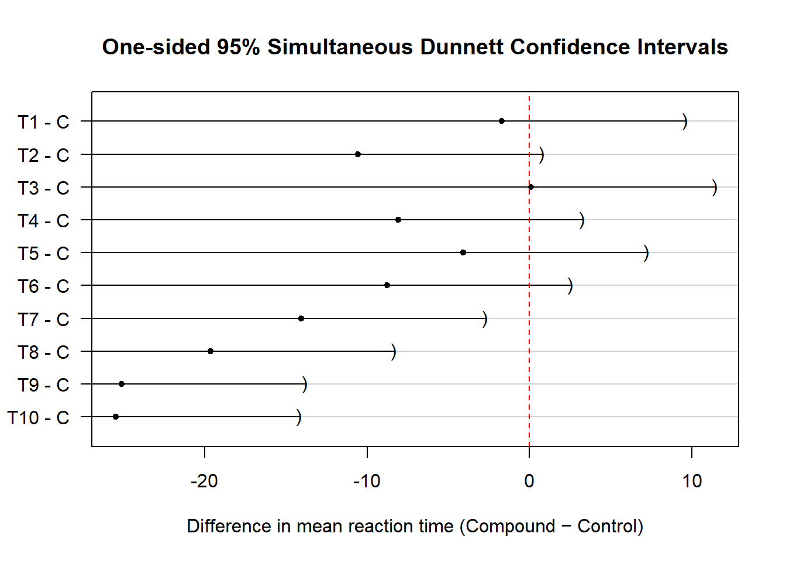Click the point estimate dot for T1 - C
502,121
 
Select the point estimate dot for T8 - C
211,351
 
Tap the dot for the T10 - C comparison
116,417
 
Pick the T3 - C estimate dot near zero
531,187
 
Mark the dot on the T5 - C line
463,252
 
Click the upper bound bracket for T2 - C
542,155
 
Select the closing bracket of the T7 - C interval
485,319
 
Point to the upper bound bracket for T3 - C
715,188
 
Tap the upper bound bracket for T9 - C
305,385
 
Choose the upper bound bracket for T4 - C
582,220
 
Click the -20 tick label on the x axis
204,481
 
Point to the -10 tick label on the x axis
367,481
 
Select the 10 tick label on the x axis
692,481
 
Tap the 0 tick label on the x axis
529,481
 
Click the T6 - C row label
43,286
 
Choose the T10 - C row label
39,418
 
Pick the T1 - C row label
43,122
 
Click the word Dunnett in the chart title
462,47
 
